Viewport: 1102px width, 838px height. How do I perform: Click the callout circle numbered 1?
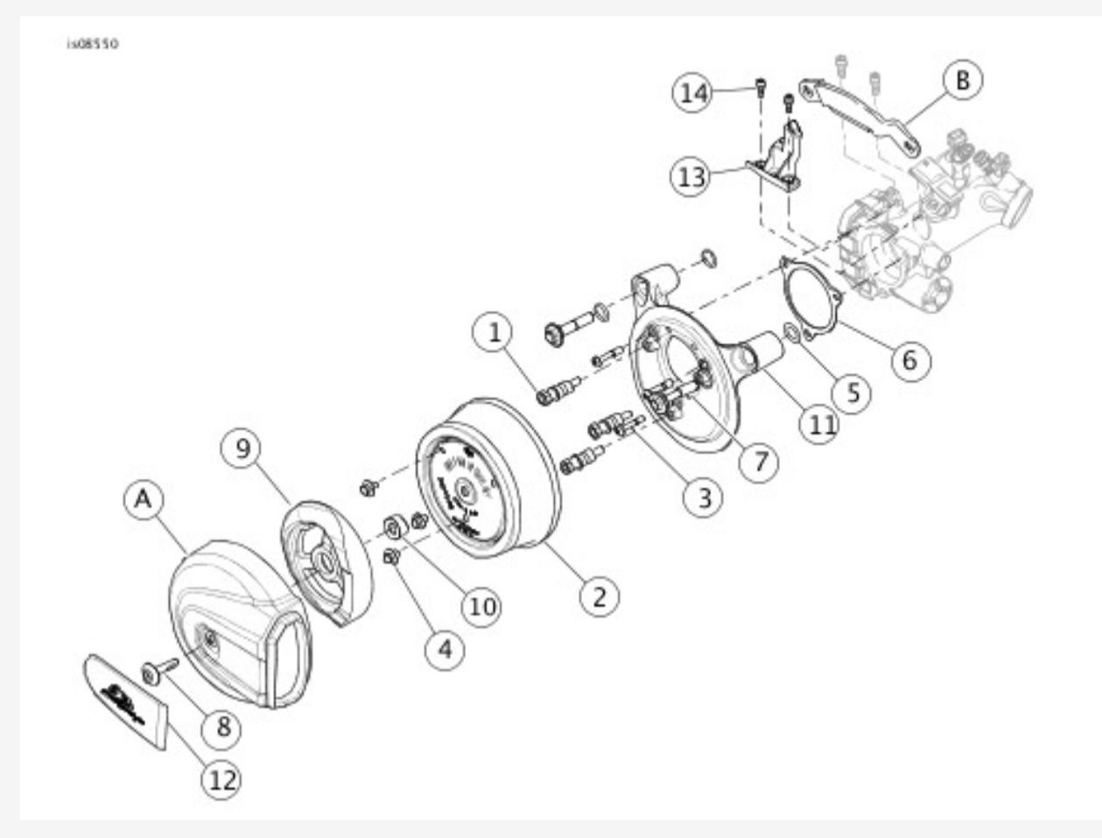point(495,333)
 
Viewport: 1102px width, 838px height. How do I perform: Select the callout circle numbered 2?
point(599,595)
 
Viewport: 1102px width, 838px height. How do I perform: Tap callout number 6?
point(910,359)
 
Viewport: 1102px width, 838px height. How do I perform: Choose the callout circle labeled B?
point(962,81)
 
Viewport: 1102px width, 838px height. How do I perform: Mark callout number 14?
point(693,91)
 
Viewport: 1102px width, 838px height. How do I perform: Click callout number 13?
point(691,177)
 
